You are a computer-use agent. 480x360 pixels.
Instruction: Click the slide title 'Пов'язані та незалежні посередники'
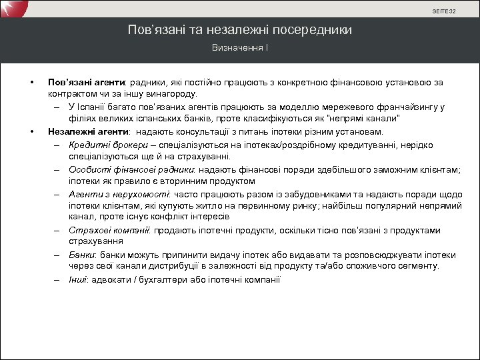(x=240, y=30)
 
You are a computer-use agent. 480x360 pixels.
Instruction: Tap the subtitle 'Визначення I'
(x=240, y=48)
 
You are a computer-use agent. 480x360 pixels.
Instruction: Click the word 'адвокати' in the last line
(x=108, y=279)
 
